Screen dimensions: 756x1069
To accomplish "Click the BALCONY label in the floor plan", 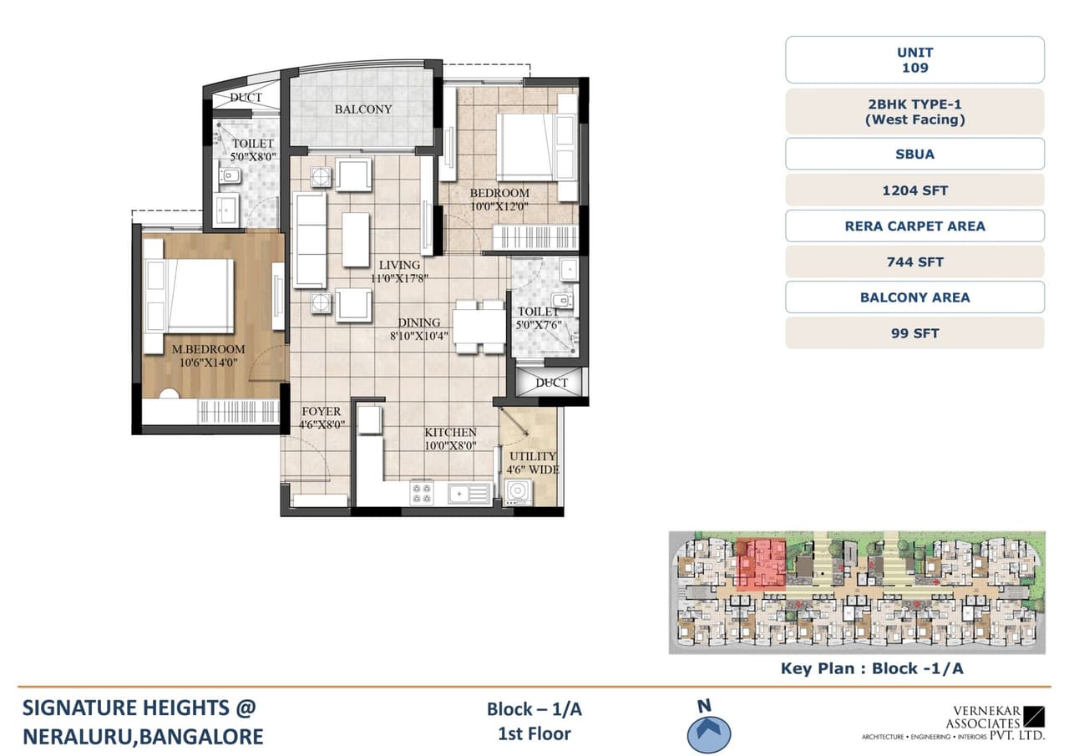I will coord(363,109).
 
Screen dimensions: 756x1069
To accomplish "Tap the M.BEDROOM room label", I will coord(209,349).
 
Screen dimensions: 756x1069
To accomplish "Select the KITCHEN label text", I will coord(450,432).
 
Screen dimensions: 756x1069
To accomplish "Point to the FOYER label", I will coord(322,412).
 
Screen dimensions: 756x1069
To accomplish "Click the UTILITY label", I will coord(533,456).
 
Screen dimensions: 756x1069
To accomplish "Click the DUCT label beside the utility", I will coord(551,383).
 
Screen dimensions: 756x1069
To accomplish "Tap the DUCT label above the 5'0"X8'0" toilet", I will coord(246,98).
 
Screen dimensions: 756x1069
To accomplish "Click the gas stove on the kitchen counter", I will coord(422,493).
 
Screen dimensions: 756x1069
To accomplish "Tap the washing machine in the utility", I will coord(519,493).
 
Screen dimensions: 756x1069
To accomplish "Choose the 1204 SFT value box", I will coord(914,190).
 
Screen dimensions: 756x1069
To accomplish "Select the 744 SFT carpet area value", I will coord(914,262).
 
